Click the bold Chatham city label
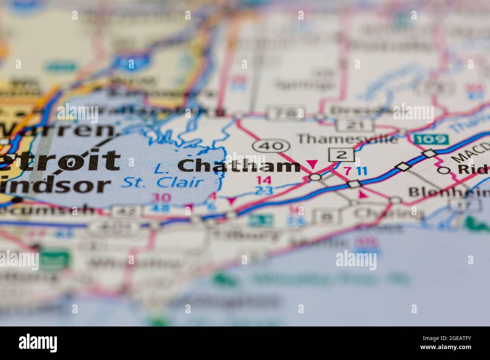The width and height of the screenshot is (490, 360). (x=239, y=166)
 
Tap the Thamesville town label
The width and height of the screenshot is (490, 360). (x=348, y=139)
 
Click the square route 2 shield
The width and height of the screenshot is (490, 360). (x=341, y=154)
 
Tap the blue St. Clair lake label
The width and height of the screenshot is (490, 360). (x=163, y=183)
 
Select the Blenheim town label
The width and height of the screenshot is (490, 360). (x=449, y=192)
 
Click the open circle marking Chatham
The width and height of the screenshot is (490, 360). (x=315, y=177)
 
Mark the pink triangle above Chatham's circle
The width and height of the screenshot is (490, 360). (x=312, y=164)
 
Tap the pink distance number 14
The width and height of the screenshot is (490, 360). (x=263, y=180)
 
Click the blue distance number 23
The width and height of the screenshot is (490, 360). (x=263, y=190)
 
